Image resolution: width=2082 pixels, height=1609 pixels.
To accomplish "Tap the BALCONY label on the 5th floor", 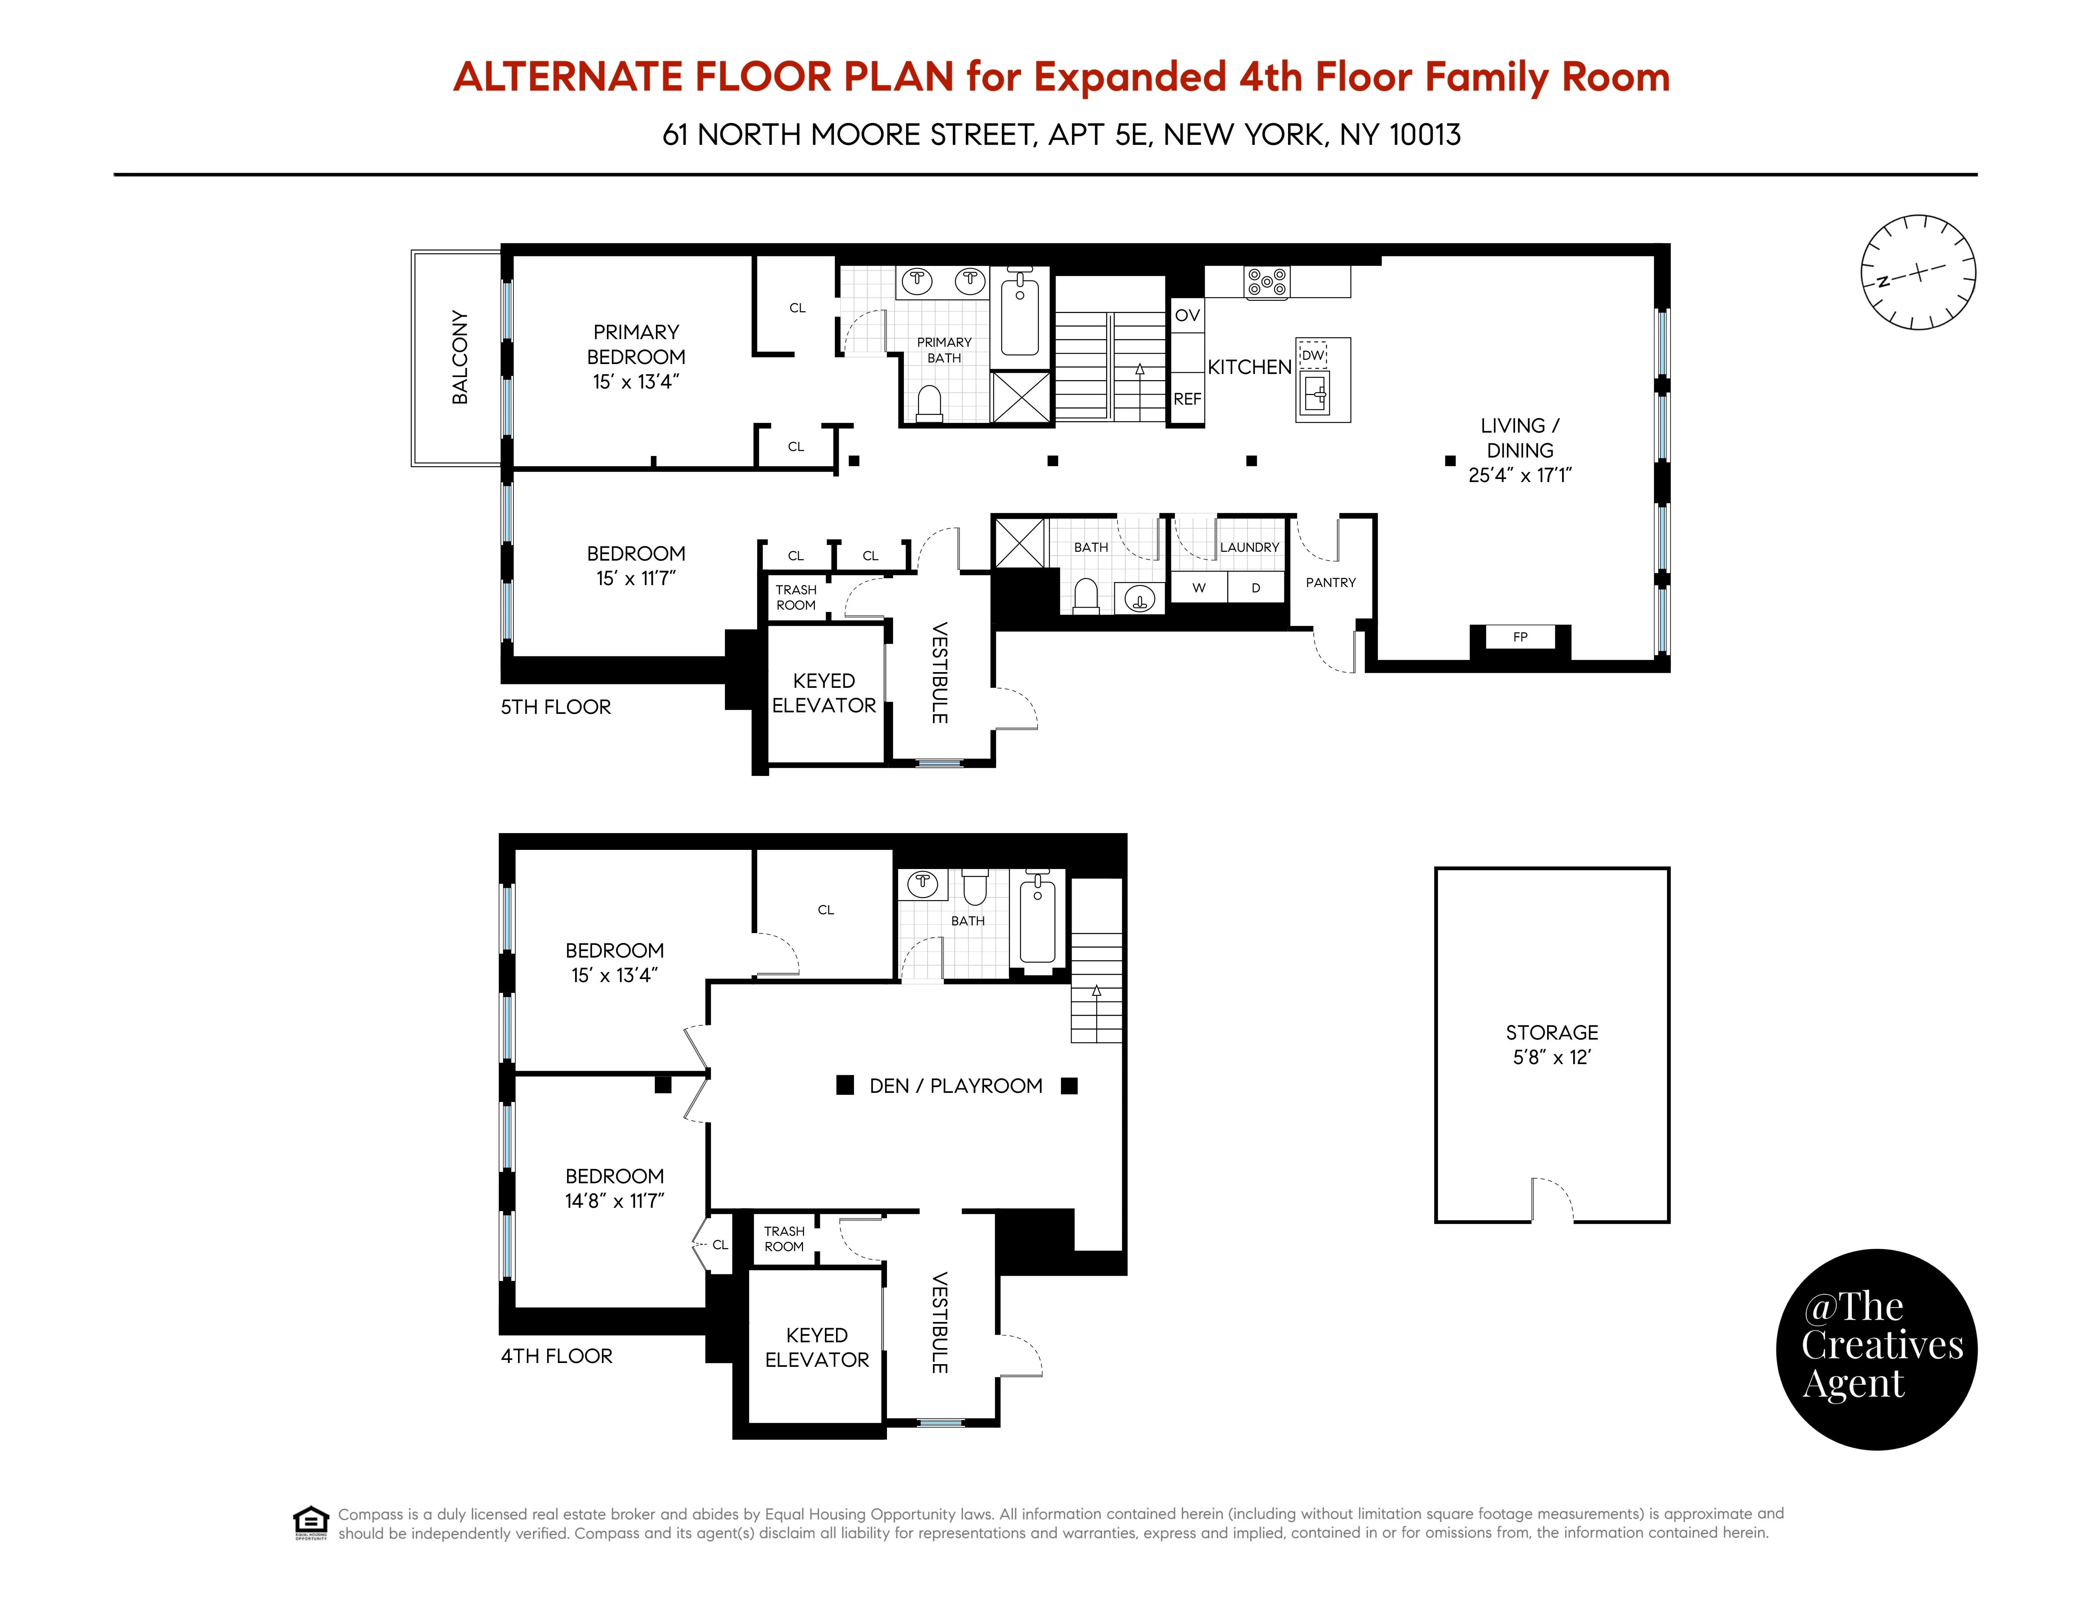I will [459, 358].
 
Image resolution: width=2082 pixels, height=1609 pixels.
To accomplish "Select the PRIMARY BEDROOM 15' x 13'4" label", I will [636, 356].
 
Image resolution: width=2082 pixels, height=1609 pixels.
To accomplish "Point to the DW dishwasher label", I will [1313, 354].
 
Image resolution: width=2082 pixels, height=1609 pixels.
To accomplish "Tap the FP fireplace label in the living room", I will [1520, 637].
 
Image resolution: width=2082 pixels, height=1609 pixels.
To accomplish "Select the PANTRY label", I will [1330, 582].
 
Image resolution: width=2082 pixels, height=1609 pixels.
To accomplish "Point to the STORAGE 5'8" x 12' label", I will [1551, 1044].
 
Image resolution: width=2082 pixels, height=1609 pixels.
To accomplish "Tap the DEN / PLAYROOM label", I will [955, 1086].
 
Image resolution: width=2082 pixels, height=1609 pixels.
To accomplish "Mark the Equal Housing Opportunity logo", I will [311, 1522].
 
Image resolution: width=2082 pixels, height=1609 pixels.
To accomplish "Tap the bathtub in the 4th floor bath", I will [1037, 920].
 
